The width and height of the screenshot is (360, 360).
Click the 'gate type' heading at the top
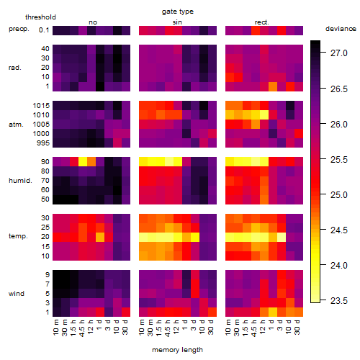(x=178, y=12)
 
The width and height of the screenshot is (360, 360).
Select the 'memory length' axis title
(x=177, y=350)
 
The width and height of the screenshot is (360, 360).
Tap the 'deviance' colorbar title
(x=341, y=29)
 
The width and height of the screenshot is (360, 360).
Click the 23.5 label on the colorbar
(x=338, y=301)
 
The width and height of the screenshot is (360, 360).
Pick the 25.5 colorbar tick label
(x=338, y=160)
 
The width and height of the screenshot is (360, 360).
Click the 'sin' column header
(x=177, y=22)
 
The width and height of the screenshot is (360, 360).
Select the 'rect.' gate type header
(x=261, y=22)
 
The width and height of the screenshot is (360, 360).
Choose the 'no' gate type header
(x=93, y=22)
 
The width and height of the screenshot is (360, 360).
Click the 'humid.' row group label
(x=20, y=181)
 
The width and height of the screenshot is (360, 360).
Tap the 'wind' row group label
(x=17, y=294)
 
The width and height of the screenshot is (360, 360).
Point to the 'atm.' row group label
(x=16, y=125)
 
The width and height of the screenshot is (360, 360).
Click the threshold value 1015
(x=41, y=106)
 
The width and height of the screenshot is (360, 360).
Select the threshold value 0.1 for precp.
(x=44, y=30)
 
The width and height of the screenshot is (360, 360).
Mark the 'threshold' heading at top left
(x=40, y=17)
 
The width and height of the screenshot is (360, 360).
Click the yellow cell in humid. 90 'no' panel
(x=83, y=161)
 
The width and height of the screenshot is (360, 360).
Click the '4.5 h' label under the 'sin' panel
(x=168, y=328)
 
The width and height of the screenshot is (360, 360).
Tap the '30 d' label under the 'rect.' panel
(x=297, y=328)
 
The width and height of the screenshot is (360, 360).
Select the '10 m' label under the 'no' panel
(x=55, y=328)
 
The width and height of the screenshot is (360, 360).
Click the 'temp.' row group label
(x=18, y=236)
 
